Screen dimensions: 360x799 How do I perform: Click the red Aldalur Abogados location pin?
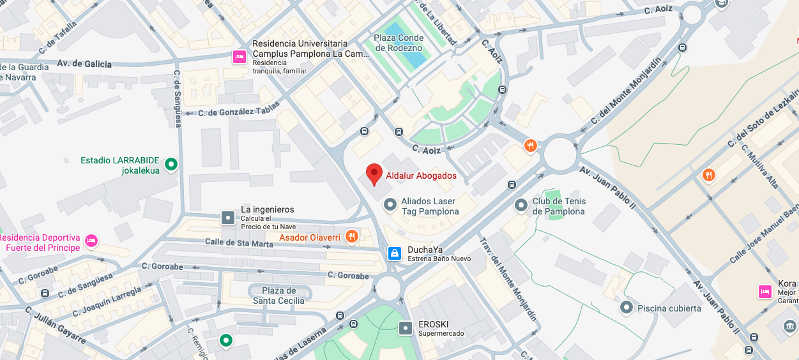[374, 174]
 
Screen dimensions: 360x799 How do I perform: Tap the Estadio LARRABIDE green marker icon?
[171, 165]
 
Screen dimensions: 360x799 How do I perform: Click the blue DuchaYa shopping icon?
[395, 253]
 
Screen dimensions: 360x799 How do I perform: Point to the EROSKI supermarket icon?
[406, 328]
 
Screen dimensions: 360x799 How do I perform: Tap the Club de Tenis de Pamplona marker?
[521, 206]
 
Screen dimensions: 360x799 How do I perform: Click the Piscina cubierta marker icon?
[627, 308]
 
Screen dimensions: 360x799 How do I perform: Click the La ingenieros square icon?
[228, 218]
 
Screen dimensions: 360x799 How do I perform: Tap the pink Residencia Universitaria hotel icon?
[240, 57]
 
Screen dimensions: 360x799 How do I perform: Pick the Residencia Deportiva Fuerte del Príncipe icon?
[91, 241]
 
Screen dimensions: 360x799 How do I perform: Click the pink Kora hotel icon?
[765, 292]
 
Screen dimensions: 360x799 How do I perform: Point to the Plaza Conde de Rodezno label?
[399, 43]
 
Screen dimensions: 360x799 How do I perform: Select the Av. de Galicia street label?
[84, 64]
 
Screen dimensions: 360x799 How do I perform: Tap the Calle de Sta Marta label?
[239, 242]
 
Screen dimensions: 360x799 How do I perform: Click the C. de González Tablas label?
[239, 110]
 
